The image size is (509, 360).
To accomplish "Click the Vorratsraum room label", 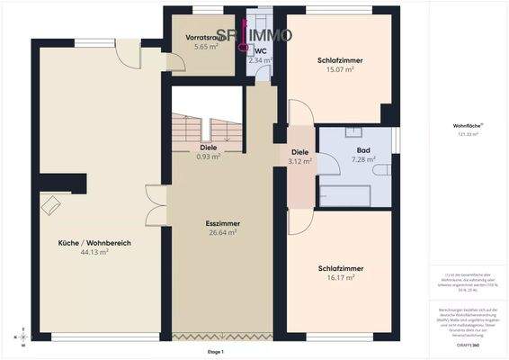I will pyautogui.click(x=195, y=38).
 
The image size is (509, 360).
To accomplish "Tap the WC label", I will pyautogui.click(x=261, y=51).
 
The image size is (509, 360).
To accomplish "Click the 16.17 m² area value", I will pyautogui.click(x=340, y=278).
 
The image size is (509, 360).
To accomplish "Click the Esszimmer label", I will pyautogui.click(x=220, y=222).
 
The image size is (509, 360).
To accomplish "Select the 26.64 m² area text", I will pyautogui.click(x=220, y=232).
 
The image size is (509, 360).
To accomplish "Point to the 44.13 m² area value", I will pyautogui.click(x=94, y=253).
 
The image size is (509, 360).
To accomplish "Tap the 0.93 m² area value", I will pyautogui.click(x=209, y=157).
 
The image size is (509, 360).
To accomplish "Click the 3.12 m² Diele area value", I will pyautogui.click(x=300, y=162).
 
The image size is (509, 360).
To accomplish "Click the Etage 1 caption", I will pyautogui.click(x=214, y=351).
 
